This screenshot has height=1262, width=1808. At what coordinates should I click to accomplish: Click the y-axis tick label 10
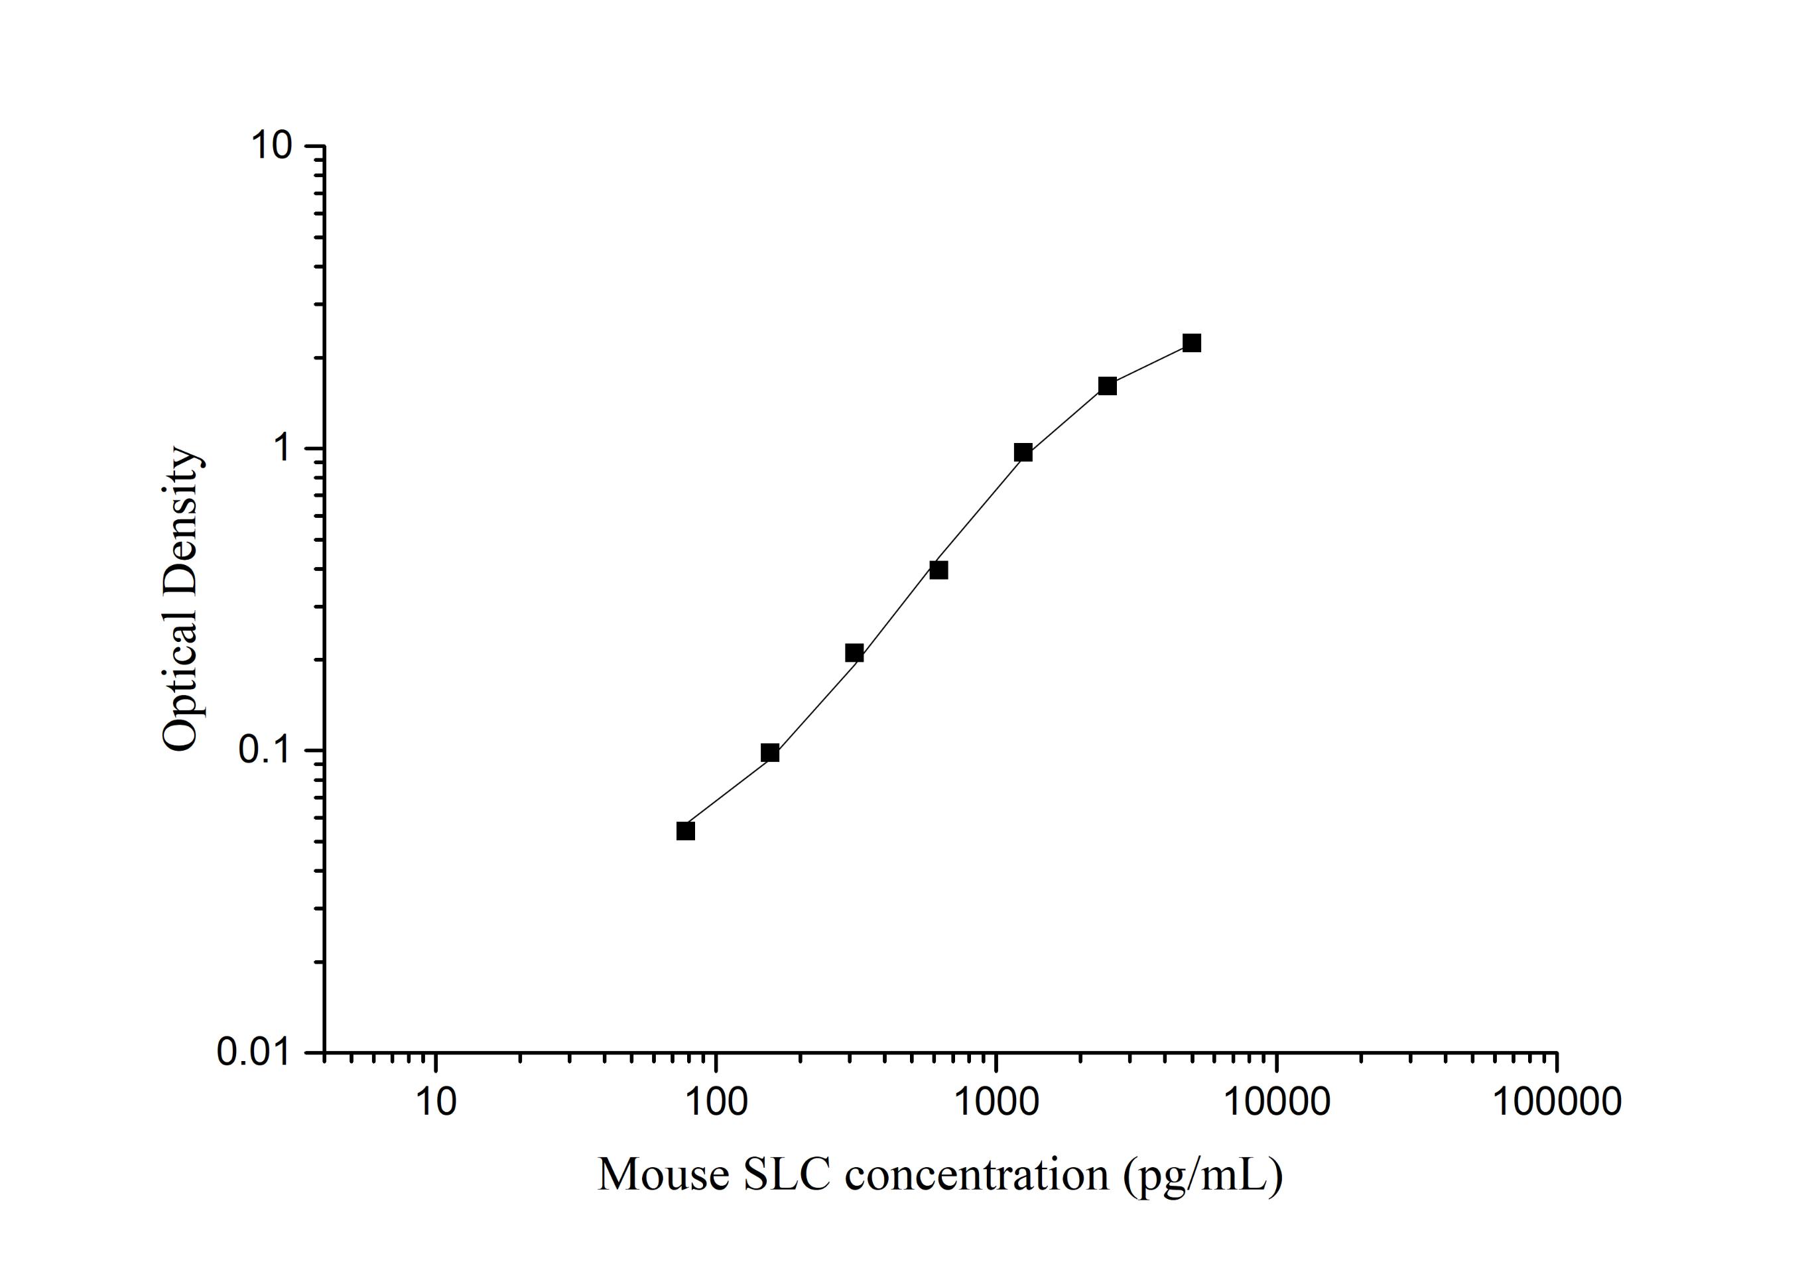pyautogui.click(x=272, y=146)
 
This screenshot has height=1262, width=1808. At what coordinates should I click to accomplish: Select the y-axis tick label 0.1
pyautogui.click(x=265, y=750)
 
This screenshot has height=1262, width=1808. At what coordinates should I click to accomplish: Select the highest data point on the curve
pyautogui.click(x=1191, y=344)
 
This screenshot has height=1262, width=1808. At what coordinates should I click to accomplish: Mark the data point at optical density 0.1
pyautogui.click(x=770, y=753)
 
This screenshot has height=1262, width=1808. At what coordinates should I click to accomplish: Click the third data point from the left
pyautogui.click(x=854, y=653)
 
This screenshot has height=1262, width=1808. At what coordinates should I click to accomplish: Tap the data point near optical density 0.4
pyautogui.click(x=938, y=570)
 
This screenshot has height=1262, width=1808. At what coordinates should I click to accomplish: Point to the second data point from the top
pyautogui.click(x=1107, y=387)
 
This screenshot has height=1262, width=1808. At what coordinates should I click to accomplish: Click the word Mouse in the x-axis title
pyautogui.click(x=663, y=1174)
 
